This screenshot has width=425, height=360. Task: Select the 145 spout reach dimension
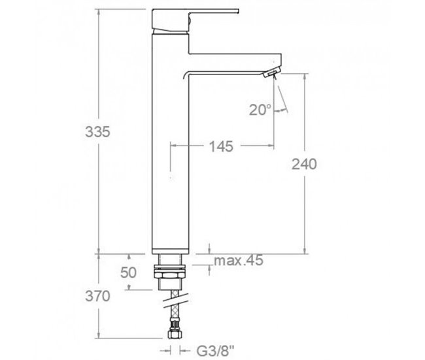point(222,147)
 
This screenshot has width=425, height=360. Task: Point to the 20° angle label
point(259,110)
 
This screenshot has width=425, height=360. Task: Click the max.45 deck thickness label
point(239,262)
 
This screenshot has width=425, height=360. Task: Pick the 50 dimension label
point(128,272)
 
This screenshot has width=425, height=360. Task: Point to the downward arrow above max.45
point(209,248)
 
